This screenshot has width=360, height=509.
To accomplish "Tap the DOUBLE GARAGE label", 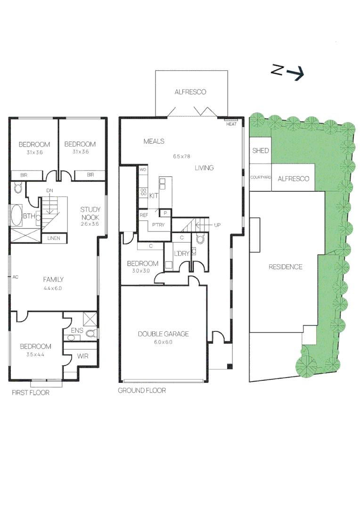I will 163,334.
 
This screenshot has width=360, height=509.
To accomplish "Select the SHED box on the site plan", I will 260,150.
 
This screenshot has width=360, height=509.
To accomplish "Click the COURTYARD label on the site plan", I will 260,178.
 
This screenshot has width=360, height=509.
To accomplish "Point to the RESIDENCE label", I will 285,267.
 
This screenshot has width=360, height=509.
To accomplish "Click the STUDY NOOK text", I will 90,213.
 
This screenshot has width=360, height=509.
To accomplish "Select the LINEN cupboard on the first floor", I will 54,238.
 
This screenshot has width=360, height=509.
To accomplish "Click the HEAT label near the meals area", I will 231,124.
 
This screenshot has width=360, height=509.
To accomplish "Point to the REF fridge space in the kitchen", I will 144,215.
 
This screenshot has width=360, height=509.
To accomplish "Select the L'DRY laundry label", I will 181,254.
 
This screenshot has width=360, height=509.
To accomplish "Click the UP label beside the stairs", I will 217,225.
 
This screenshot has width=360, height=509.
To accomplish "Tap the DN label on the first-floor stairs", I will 49,190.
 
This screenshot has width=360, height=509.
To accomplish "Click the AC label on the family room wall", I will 15,277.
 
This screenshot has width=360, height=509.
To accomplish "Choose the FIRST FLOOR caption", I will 31,392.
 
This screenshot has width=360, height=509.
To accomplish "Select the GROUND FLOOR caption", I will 142,391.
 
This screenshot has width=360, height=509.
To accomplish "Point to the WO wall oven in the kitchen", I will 143,169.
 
